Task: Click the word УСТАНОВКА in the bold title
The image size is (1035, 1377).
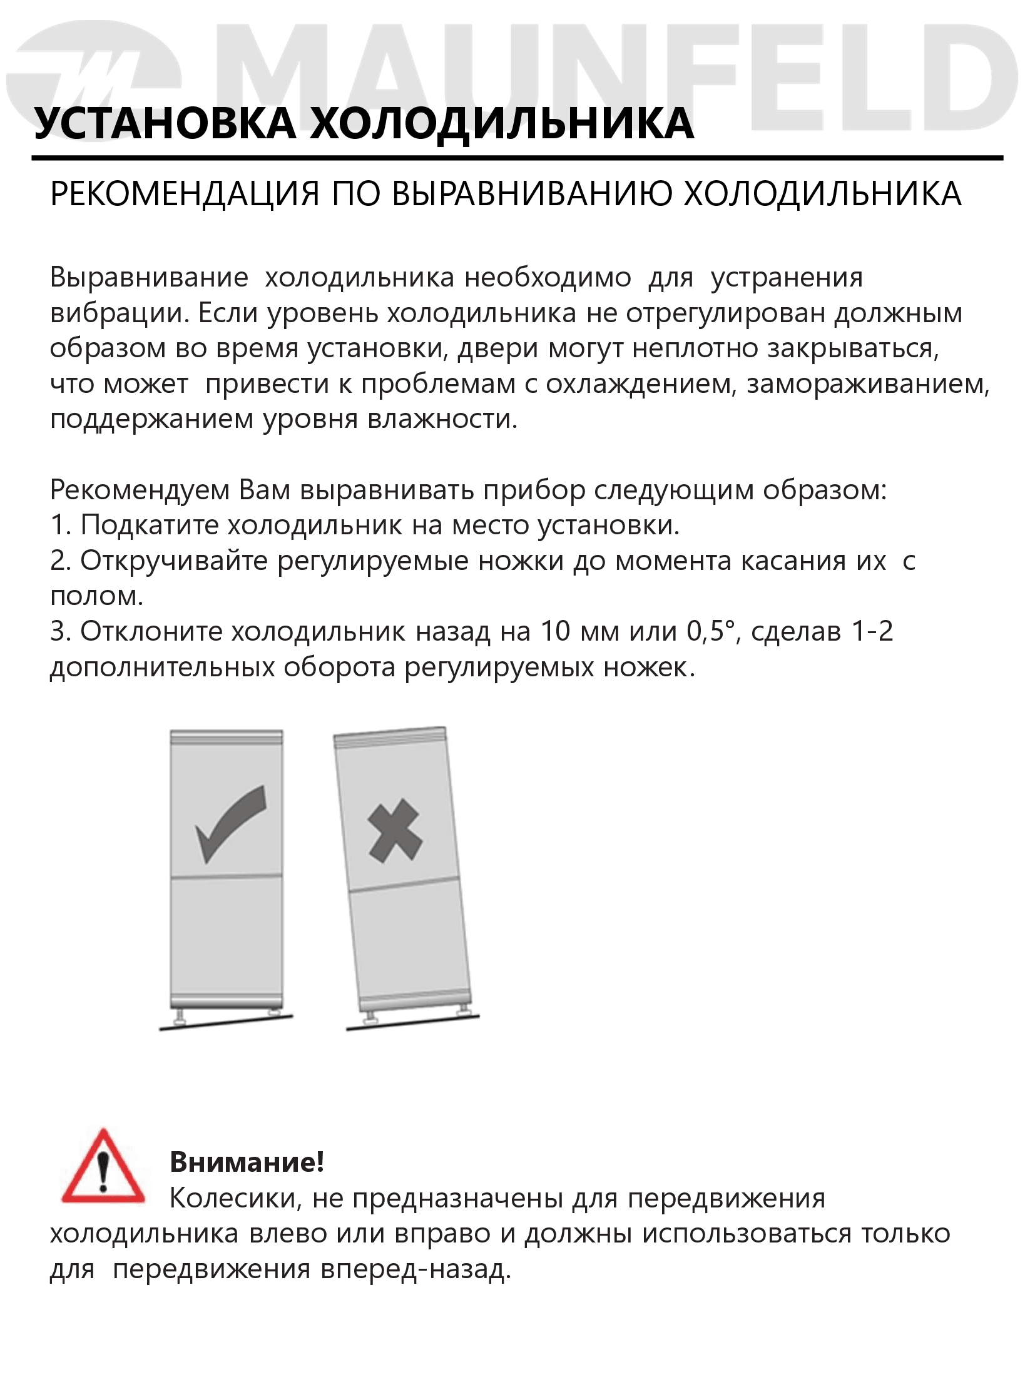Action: click(x=165, y=123)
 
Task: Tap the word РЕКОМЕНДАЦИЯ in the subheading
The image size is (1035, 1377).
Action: click(x=185, y=194)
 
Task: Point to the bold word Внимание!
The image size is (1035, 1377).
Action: click(x=247, y=1162)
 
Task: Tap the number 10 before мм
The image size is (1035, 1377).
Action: click(x=555, y=631)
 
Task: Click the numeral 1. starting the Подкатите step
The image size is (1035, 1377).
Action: click(x=61, y=526)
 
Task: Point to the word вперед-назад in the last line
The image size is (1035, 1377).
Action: click(x=416, y=1270)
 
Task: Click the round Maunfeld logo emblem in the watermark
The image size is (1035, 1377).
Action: click(x=94, y=78)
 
